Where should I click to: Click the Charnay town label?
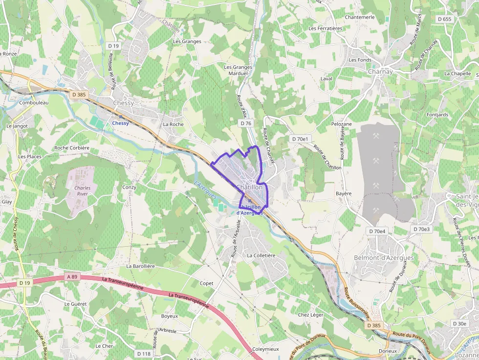(x=380, y=71)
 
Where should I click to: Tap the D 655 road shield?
(x=444, y=19)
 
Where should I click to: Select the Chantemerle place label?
(x=359, y=17)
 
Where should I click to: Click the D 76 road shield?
(x=246, y=124)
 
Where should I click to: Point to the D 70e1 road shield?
(x=300, y=139)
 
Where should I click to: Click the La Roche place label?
(x=173, y=124)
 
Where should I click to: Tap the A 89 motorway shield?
(x=71, y=277)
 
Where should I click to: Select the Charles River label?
(x=82, y=191)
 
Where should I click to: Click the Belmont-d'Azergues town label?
(x=383, y=258)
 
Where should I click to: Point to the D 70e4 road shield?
(x=377, y=231)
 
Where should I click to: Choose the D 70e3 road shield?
(x=421, y=229)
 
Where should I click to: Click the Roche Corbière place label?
(x=72, y=148)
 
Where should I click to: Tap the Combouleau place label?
(x=34, y=103)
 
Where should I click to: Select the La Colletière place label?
(x=261, y=255)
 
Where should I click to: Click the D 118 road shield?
(x=144, y=354)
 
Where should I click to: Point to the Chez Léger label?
(x=310, y=315)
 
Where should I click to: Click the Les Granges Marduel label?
(x=238, y=70)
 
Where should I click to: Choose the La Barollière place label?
(x=140, y=266)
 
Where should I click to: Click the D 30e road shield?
(x=459, y=323)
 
